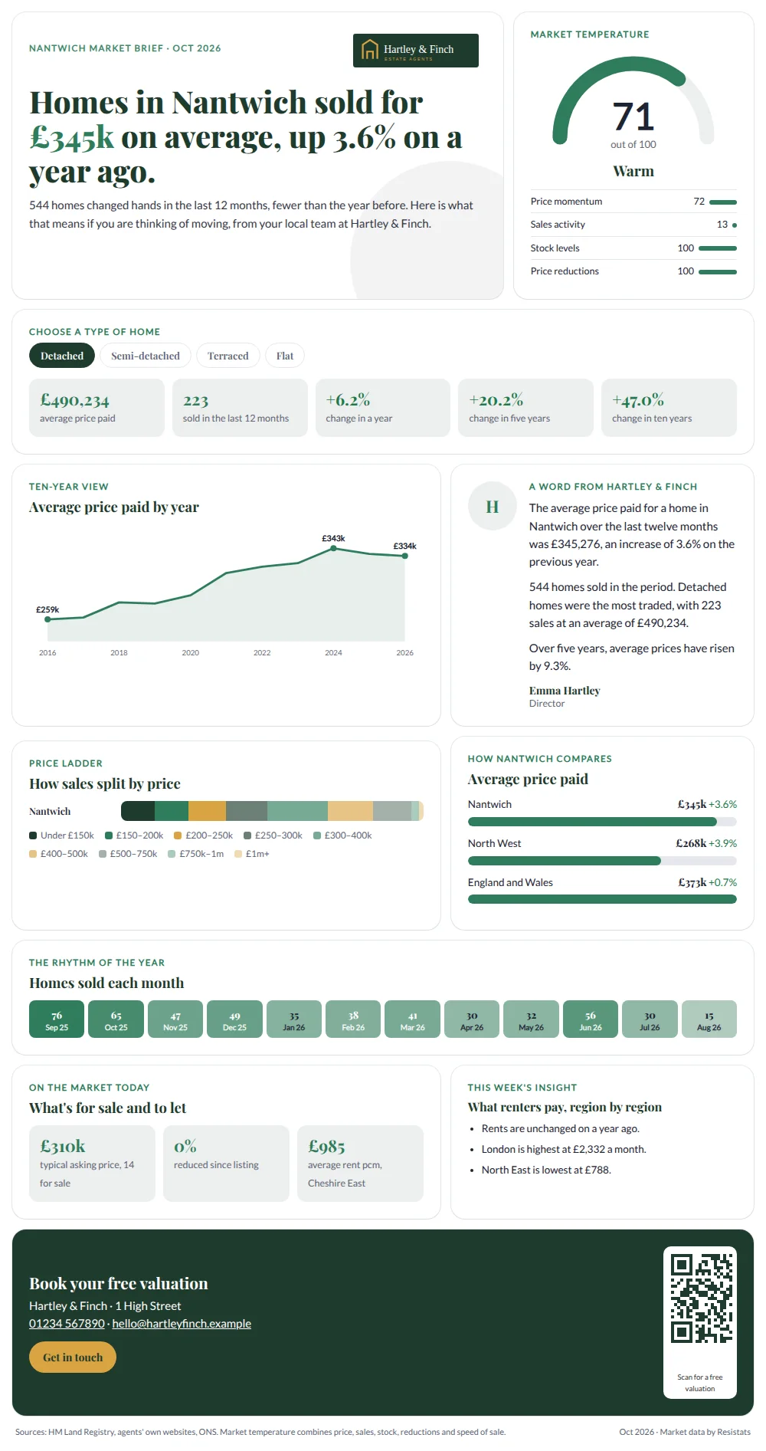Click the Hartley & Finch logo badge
pyautogui.click(x=416, y=51)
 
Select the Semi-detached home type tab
pyautogui.click(x=146, y=356)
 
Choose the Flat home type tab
pyautogui.click(x=285, y=356)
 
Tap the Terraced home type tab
pyautogui.click(x=228, y=356)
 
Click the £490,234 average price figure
pyautogui.click(x=75, y=400)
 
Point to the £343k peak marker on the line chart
pyautogui.click(x=333, y=548)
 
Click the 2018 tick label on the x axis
pyautogui.click(x=119, y=653)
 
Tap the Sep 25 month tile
pyautogui.click(x=57, y=1019)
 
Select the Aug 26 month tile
pyautogui.click(x=709, y=1019)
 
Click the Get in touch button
pyautogui.click(x=73, y=1357)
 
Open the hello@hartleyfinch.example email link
pyautogui.click(x=182, y=1324)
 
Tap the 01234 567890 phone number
pyautogui.click(x=67, y=1324)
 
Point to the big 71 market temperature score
pyautogui.click(x=633, y=117)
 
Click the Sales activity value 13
pyautogui.click(x=722, y=225)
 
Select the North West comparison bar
pyautogui.click(x=565, y=861)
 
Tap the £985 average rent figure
pyautogui.click(x=327, y=1146)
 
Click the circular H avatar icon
pyautogui.click(x=493, y=506)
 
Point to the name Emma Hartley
pyautogui.click(x=565, y=691)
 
